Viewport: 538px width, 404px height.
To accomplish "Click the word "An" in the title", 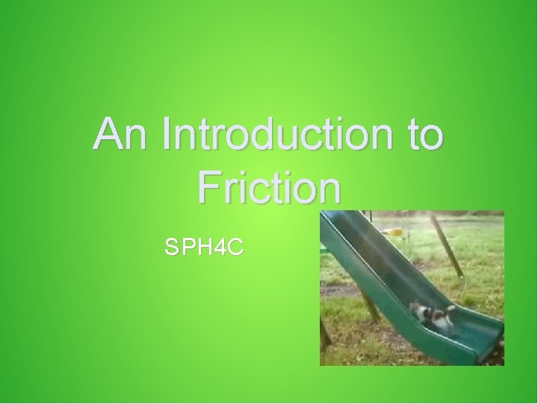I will [x=120, y=135].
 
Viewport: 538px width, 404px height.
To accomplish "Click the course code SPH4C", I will [x=204, y=247].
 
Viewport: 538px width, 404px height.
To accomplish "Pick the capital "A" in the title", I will [x=109, y=135].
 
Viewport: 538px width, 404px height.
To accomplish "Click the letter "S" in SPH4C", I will [x=171, y=247].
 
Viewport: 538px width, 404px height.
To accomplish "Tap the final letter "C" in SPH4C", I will [x=235, y=247].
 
